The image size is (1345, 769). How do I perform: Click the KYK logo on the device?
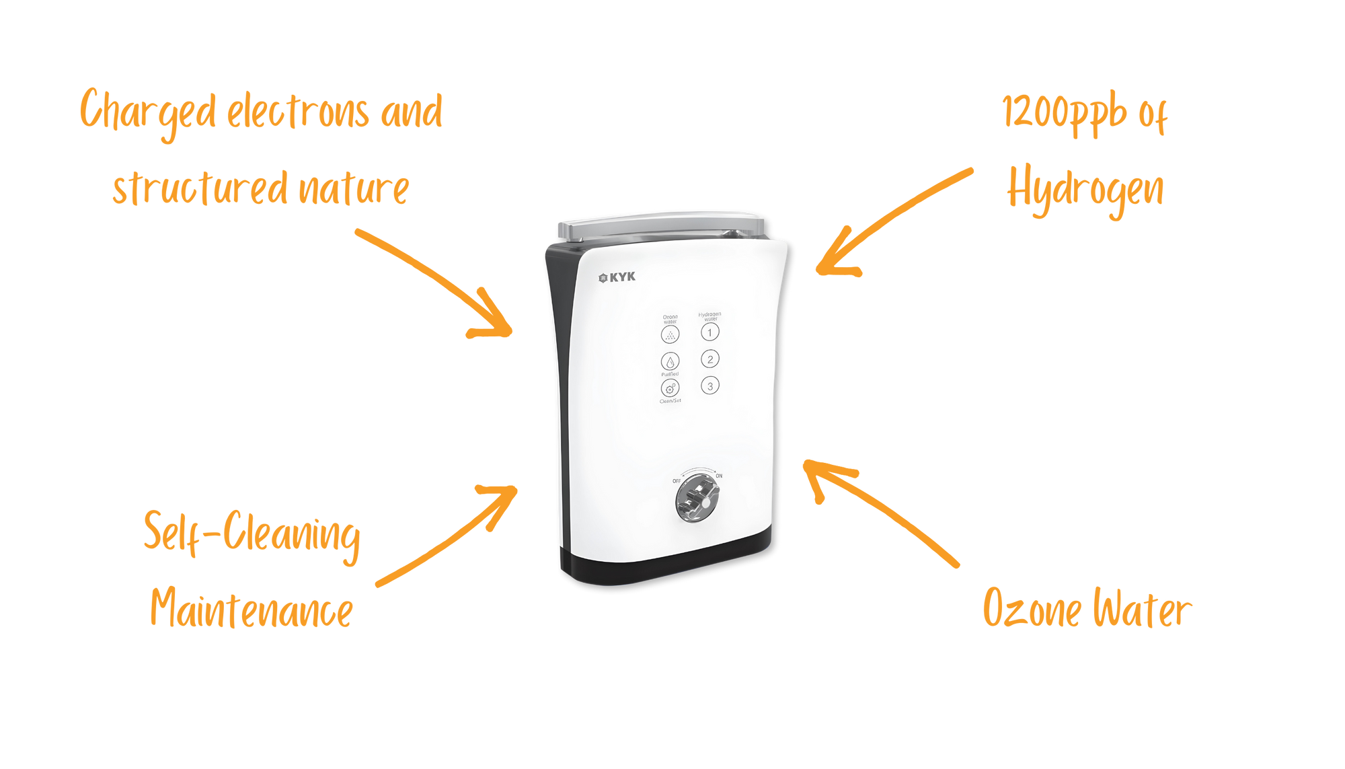click(x=617, y=277)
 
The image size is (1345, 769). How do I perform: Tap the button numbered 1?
click(x=709, y=332)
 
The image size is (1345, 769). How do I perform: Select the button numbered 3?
click(x=709, y=386)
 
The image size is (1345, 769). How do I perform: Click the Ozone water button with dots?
click(x=670, y=334)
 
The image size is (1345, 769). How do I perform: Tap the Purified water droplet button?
click(x=670, y=361)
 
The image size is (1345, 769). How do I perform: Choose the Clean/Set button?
click(x=670, y=388)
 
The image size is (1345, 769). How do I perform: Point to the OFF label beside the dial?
click(x=677, y=481)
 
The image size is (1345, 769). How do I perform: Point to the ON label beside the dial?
click(x=719, y=476)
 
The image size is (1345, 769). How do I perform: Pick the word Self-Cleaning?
click(x=252, y=535)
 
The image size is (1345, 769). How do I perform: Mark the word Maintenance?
click(x=251, y=609)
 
